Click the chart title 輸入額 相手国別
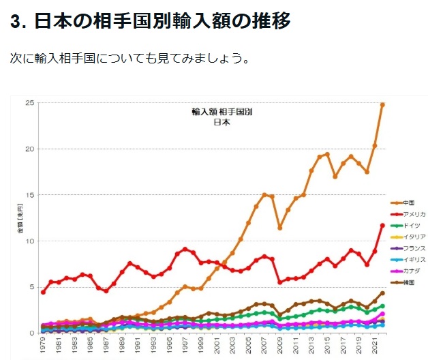(217, 111)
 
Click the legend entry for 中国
(408, 203)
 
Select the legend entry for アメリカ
(414, 214)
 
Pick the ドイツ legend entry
(411, 226)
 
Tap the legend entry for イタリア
(413, 237)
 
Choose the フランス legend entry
(413, 248)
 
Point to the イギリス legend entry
(413, 260)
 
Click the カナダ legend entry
(411, 271)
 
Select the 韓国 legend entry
(408, 282)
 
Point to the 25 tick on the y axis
(30, 103)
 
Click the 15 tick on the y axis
(30, 195)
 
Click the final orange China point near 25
(382, 105)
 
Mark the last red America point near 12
(382, 226)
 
